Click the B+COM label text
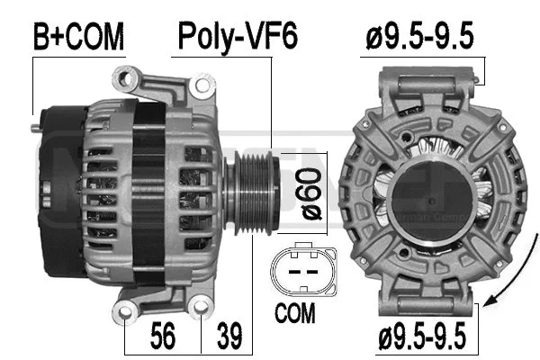pyautogui.click(x=78, y=37)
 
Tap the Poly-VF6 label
pyautogui.click(x=237, y=37)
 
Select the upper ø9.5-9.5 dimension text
pyautogui.click(x=420, y=37)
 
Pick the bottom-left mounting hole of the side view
pyautogui.click(x=125, y=312)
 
